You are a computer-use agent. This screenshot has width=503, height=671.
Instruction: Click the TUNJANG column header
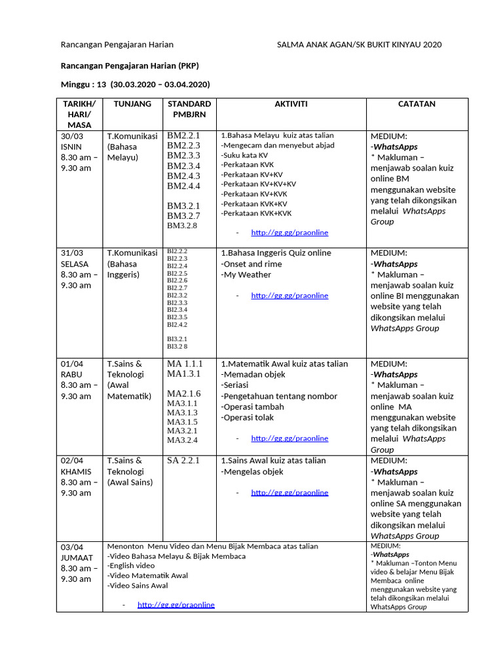(x=132, y=104)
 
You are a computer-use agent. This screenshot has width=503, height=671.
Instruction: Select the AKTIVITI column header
(x=291, y=104)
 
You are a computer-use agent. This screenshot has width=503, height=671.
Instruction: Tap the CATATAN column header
(x=417, y=104)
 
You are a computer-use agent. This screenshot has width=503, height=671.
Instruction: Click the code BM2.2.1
(x=183, y=136)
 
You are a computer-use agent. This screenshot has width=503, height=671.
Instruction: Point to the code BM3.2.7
(x=183, y=216)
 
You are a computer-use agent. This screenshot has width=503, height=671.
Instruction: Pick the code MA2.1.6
(x=183, y=394)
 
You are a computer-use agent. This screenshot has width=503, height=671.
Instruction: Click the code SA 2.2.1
(x=183, y=461)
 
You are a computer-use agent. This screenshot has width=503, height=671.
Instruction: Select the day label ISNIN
(x=71, y=147)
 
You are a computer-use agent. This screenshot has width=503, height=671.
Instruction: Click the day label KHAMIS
(x=75, y=472)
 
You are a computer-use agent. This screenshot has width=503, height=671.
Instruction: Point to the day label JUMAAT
(x=77, y=558)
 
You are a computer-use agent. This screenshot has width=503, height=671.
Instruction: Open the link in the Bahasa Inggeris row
(x=289, y=296)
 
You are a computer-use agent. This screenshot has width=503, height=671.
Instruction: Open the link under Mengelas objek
(x=289, y=493)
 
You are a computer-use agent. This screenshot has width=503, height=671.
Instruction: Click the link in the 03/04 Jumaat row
(x=176, y=605)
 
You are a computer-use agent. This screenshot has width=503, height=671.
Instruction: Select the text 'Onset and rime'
(x=251, y=264)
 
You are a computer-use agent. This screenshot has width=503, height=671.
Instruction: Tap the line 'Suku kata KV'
(x=244, y=155)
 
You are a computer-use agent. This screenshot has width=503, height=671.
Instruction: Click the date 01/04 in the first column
(x=71, y=364)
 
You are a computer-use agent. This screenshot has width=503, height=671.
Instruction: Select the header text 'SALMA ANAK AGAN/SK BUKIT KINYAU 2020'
(x=359, y=45)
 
